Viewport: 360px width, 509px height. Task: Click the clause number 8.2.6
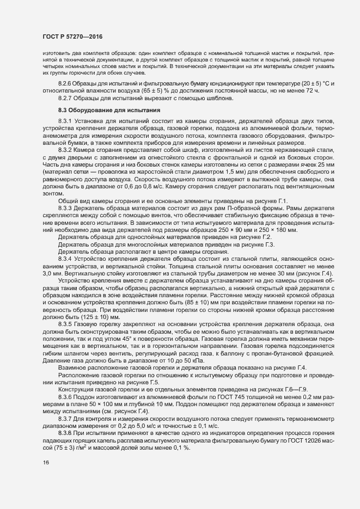coord(65,82)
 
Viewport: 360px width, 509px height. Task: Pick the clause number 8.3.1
coord(65,120)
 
